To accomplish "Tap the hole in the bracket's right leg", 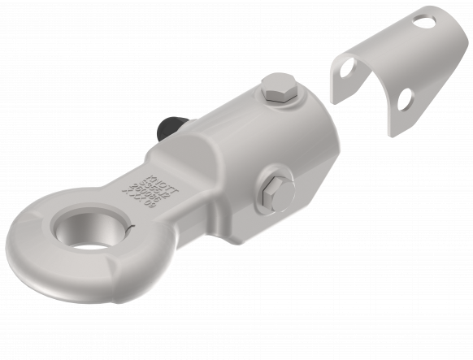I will [x=403, y=99].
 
